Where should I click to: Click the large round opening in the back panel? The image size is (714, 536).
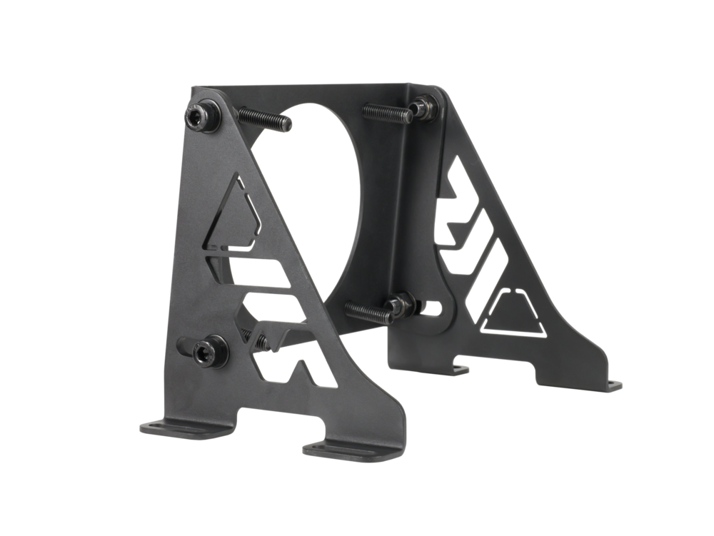tap(336, 200)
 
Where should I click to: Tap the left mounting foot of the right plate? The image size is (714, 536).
tap(457, 368)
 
